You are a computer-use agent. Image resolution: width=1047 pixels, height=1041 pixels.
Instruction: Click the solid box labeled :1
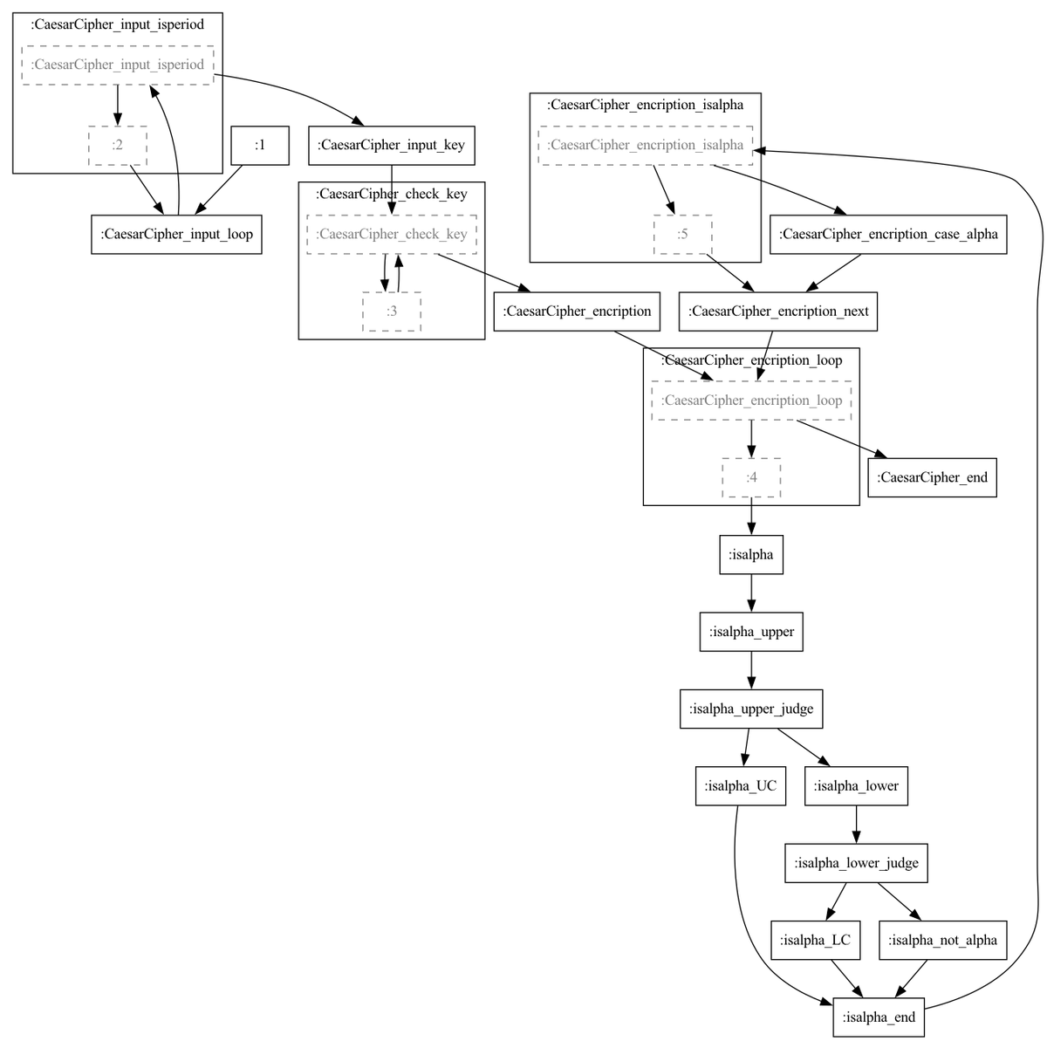tap(260, 145)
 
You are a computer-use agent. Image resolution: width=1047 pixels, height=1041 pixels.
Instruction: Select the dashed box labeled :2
tap(118, 145)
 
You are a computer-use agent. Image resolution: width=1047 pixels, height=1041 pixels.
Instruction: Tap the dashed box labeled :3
tap(391, 311)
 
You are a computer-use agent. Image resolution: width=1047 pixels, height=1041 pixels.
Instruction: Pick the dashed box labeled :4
tap(751, 477)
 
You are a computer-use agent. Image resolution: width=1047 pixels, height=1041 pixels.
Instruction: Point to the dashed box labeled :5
tap(682, 235)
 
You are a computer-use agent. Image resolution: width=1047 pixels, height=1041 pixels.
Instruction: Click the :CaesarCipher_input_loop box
tap(176, 235)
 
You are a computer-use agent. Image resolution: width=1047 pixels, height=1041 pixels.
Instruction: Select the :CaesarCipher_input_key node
tap(391, 145)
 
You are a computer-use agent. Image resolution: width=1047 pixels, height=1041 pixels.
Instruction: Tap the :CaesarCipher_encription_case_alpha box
tap(888, 235)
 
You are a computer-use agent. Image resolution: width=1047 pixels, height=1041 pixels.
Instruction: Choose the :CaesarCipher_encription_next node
tap(777, 311)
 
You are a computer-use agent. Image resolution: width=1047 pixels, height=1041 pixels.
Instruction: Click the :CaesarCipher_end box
tap(932, 477)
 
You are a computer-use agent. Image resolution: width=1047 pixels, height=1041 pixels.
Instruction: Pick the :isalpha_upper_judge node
tap(751, 709)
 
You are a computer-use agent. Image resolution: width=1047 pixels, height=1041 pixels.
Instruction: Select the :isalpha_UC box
tap(740, 785)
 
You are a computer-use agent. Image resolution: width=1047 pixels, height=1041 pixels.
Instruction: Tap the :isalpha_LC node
tap(815, 940)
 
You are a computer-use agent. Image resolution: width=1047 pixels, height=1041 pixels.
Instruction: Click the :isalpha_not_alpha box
tap(942, 940)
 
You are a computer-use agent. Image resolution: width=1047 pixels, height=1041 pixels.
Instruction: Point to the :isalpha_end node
tap(878, 1017)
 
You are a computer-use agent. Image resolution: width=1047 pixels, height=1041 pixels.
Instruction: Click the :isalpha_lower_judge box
tap(856, 863)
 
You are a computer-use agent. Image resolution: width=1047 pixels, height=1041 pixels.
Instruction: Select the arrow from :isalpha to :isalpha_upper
tap(751, 593)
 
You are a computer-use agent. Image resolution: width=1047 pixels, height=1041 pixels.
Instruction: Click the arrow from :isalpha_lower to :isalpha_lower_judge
tap(856, 824)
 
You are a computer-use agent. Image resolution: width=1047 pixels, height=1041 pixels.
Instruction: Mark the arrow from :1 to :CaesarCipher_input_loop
tap(218, 189)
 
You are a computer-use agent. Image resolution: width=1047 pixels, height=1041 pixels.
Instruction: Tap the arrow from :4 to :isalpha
tap(751, 516)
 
